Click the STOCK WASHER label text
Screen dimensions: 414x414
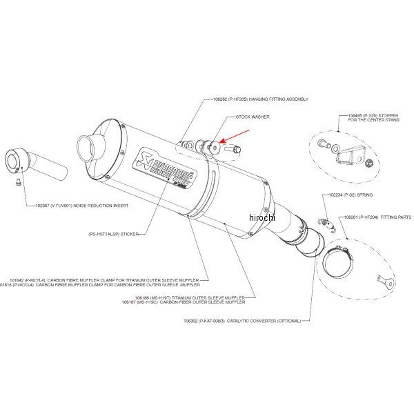pos(253,118)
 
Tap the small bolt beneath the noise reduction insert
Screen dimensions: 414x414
pos(18,182)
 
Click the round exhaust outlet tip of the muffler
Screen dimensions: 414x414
pos(89,146)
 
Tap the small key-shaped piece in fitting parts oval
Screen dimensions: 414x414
pos(384,279)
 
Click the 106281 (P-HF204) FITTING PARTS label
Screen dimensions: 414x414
pos(377,217)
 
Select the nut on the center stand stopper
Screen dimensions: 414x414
pos(367,163)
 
